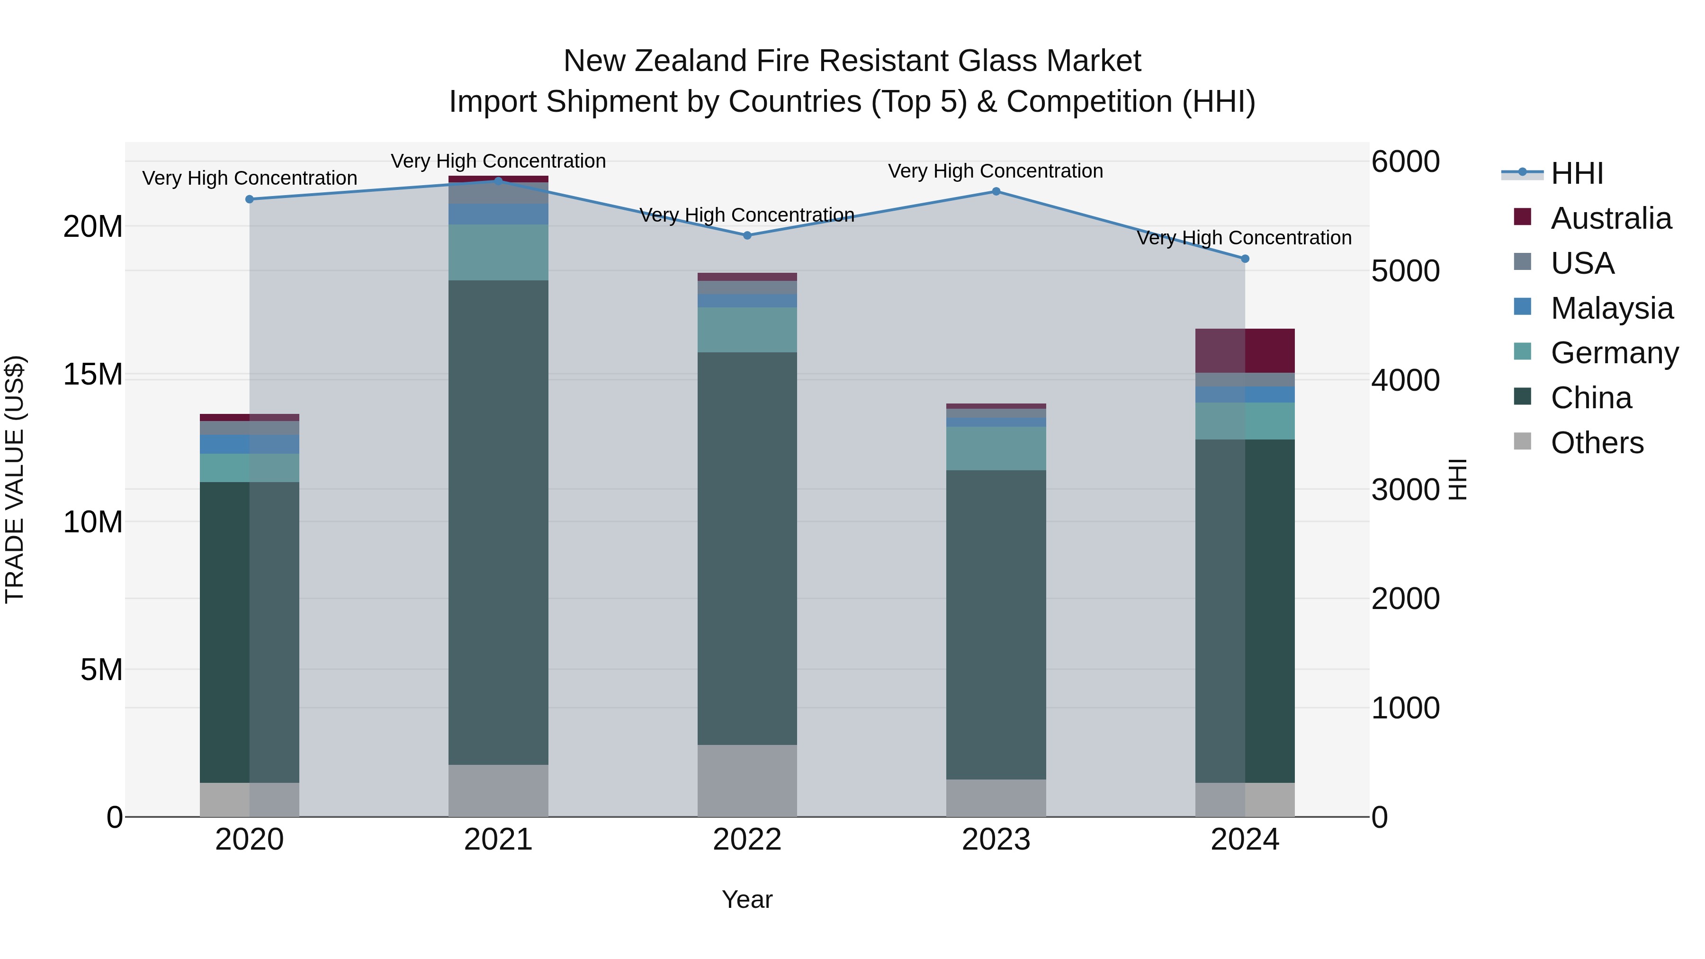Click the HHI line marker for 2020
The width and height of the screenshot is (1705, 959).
[x=250, y=199]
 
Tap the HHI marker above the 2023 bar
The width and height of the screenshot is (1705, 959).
[x=996, y=192]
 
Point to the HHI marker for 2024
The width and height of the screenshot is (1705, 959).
[x=1245, y=259]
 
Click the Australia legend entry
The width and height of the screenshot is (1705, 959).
[x=1610, y=218]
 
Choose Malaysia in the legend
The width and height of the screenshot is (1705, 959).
[x=1611, y=308]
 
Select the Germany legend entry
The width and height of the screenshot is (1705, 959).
[x=1614, y=353]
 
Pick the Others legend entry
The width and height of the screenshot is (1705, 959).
[x=1597, y=443]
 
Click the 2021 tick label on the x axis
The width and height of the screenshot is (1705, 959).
[x=498, y=840]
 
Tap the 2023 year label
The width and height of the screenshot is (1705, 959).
[x=996, y=840]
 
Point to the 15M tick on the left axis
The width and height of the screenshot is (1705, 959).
[x=93, y=375]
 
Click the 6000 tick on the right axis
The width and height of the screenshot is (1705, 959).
[x=1405, y=161]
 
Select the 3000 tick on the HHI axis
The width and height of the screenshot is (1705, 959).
[x=1405, y=490]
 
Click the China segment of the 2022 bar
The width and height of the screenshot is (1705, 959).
[x=747, y=548]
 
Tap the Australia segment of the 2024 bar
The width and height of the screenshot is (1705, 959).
[x=1245, y=351]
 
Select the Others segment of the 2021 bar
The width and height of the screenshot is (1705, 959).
[x=498, y=790]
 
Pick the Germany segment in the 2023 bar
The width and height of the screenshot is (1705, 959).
[x=996, y=448]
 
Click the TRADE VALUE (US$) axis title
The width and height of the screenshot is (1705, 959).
[x=15, y=479]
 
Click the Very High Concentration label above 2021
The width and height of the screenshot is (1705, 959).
[x=498, y=161]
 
